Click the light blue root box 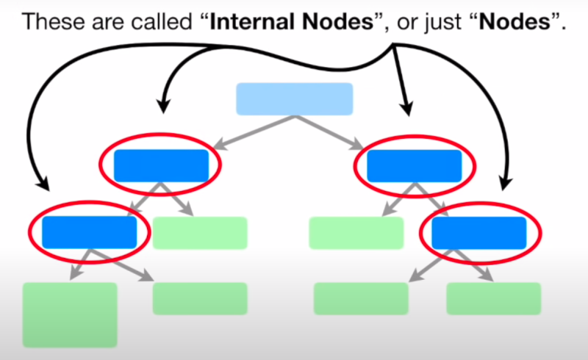pyautogui.click(x=294, y=99)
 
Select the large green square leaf pyautogui.click(x=70, y=314)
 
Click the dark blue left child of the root pyautogui.click(x=161, y=165)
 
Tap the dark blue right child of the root pyautogui.click(x=414, y=165)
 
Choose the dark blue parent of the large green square pyautogui.click(x=89, y=232)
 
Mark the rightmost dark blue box pyautogui.click(x=478, y=232)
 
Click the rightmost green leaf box pyautogui.click(x=493, y=298)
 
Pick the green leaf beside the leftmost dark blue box pyautogui.click(x=200, y=233)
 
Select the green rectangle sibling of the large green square pyautogui.click(x=200, y=298)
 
